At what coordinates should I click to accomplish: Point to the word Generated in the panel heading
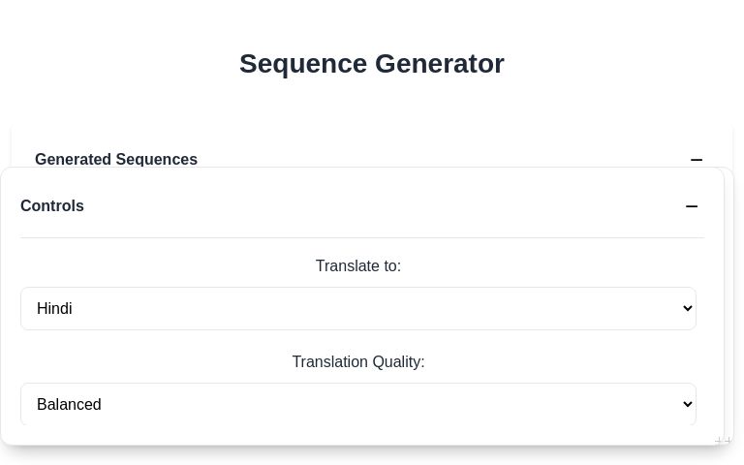pyautogui.click(x=73, y=159)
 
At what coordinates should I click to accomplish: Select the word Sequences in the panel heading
pyautogui.click(x=157, y=159)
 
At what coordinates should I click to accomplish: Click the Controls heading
pyautogui.click(x=52, y=205)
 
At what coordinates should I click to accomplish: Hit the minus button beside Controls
pyautogui.click(x=692, y=205)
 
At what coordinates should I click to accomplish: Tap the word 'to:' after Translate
pyautogui.click(x=390, y=265)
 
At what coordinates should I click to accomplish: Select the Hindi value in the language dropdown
pyautogui.click(x=54, y=308)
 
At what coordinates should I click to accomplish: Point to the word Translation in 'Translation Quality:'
pyautogui.click(x=328, y=361)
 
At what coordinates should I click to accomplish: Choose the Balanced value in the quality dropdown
pyautogui.click(x=69, y=404)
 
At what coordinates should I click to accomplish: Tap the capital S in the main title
pyautogui.click(x=248, y=64)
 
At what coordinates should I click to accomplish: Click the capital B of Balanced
pyautogui.click(x=42, y=404)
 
